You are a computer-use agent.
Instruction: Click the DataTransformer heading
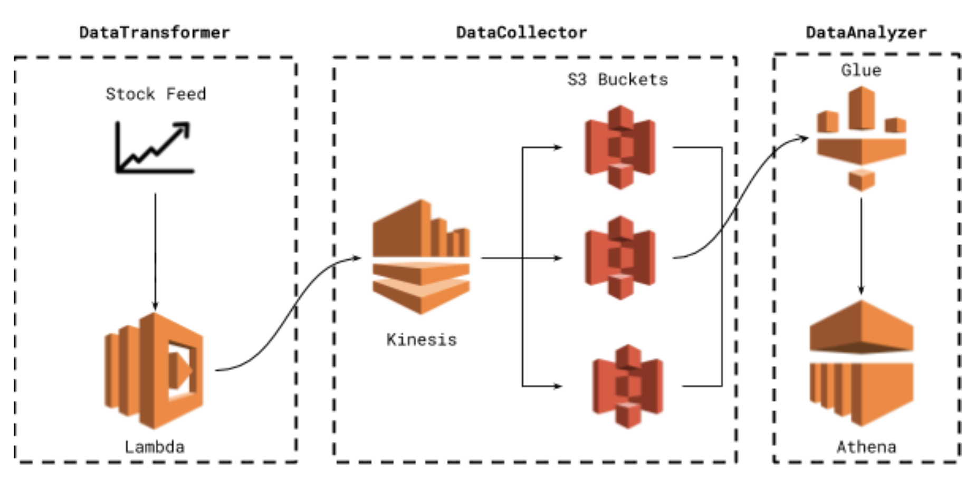(155, 33)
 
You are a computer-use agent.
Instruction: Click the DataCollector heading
(521, 33)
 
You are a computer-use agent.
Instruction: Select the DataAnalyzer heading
(866, 33)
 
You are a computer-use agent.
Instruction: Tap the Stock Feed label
(156, 94)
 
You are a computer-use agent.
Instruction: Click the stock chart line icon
(155, 148)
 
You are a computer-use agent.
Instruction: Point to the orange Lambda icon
(154, 370)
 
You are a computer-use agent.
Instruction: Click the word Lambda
(155, 447)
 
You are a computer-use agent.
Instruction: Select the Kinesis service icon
(421, 257)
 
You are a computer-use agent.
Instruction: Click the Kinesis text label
(421, 340)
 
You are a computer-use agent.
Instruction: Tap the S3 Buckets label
(617, 80)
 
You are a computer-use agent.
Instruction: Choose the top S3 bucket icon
(620, 147)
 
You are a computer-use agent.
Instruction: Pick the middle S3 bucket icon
(620, 258)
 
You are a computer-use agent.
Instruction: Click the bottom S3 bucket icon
(627, 386)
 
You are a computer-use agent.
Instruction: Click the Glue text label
(861, 70)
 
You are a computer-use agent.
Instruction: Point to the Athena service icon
(861, 363)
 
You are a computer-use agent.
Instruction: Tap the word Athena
(866, 447)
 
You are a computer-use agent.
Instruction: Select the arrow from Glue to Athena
(861, 245)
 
